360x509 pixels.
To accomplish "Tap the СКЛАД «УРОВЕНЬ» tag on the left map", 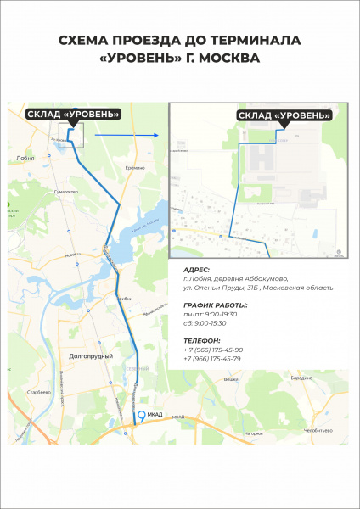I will [73, 113].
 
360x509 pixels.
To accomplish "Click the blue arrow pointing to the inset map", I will [127, 134].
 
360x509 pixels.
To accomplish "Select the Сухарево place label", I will [66, 192].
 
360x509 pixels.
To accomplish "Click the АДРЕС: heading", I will [197, 268].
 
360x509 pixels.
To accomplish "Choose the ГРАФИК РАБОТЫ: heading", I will [216, 305].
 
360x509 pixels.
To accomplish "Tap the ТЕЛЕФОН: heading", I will [202, 340].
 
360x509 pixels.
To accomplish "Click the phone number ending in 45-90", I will [213, 350].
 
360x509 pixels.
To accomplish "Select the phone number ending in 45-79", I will [213, 359].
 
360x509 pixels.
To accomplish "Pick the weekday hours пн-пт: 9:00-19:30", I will [211, 314].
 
